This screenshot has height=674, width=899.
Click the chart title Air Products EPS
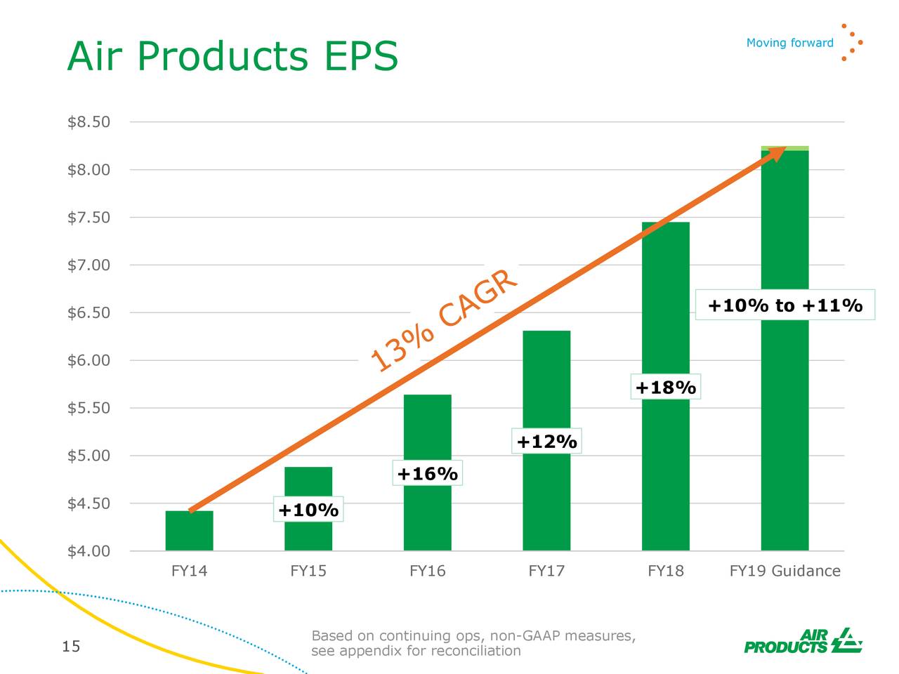pos(232,56)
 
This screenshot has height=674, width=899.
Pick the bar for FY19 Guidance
pos(785,421)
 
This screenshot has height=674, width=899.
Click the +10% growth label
pos(308,510)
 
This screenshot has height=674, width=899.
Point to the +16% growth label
pos(427,474)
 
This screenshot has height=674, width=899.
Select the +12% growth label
pos(546,442)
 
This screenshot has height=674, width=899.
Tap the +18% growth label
pos(665,388)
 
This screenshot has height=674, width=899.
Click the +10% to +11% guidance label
pos(785,305)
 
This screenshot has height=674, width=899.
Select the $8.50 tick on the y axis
pos(88,122)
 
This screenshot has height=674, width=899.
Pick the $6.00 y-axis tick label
pos(88,360)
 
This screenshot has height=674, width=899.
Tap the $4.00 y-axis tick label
pos(88,551)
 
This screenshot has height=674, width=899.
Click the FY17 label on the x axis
pos(546,571)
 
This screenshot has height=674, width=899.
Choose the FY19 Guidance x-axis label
pos(785,571)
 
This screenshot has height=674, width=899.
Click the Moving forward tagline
pos(789,43)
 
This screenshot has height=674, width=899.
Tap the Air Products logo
pos(803,640)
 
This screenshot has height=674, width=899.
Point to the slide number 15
pos(71,647)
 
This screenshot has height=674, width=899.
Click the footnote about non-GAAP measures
pos(473,643)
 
